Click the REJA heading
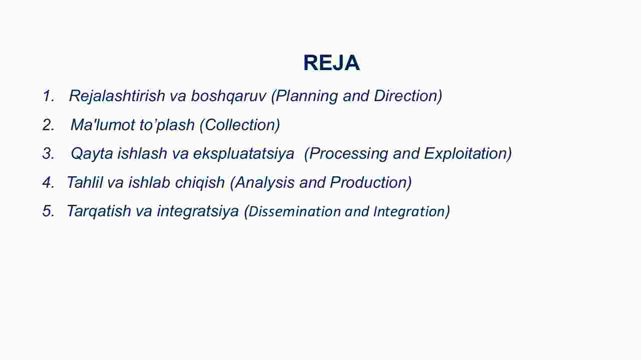click(332, 63)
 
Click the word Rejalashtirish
click(117, 96)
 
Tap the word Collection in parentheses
click(240, 125)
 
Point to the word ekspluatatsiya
click(243, 154)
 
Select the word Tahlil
click(85, 182)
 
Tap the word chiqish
click(200, 183)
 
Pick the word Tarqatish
click(99, 211)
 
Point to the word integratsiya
click(198, 212)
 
